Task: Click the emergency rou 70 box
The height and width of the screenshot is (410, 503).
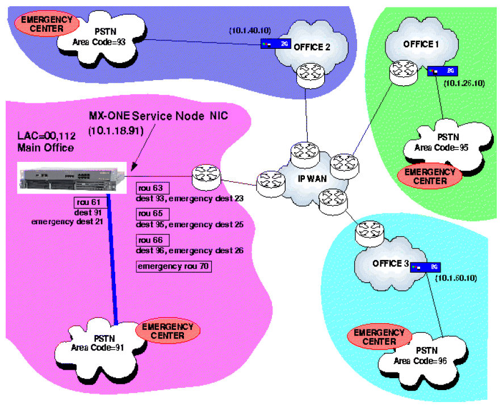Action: [x=174, y=265]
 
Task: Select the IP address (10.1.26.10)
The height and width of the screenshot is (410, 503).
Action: [x=464, y=84]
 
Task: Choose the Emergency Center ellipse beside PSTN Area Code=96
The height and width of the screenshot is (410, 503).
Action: [x=375, y=337]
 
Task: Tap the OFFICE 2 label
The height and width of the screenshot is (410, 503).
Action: [x=311, y=47]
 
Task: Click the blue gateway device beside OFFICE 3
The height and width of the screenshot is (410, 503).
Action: [x=425, y=267]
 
